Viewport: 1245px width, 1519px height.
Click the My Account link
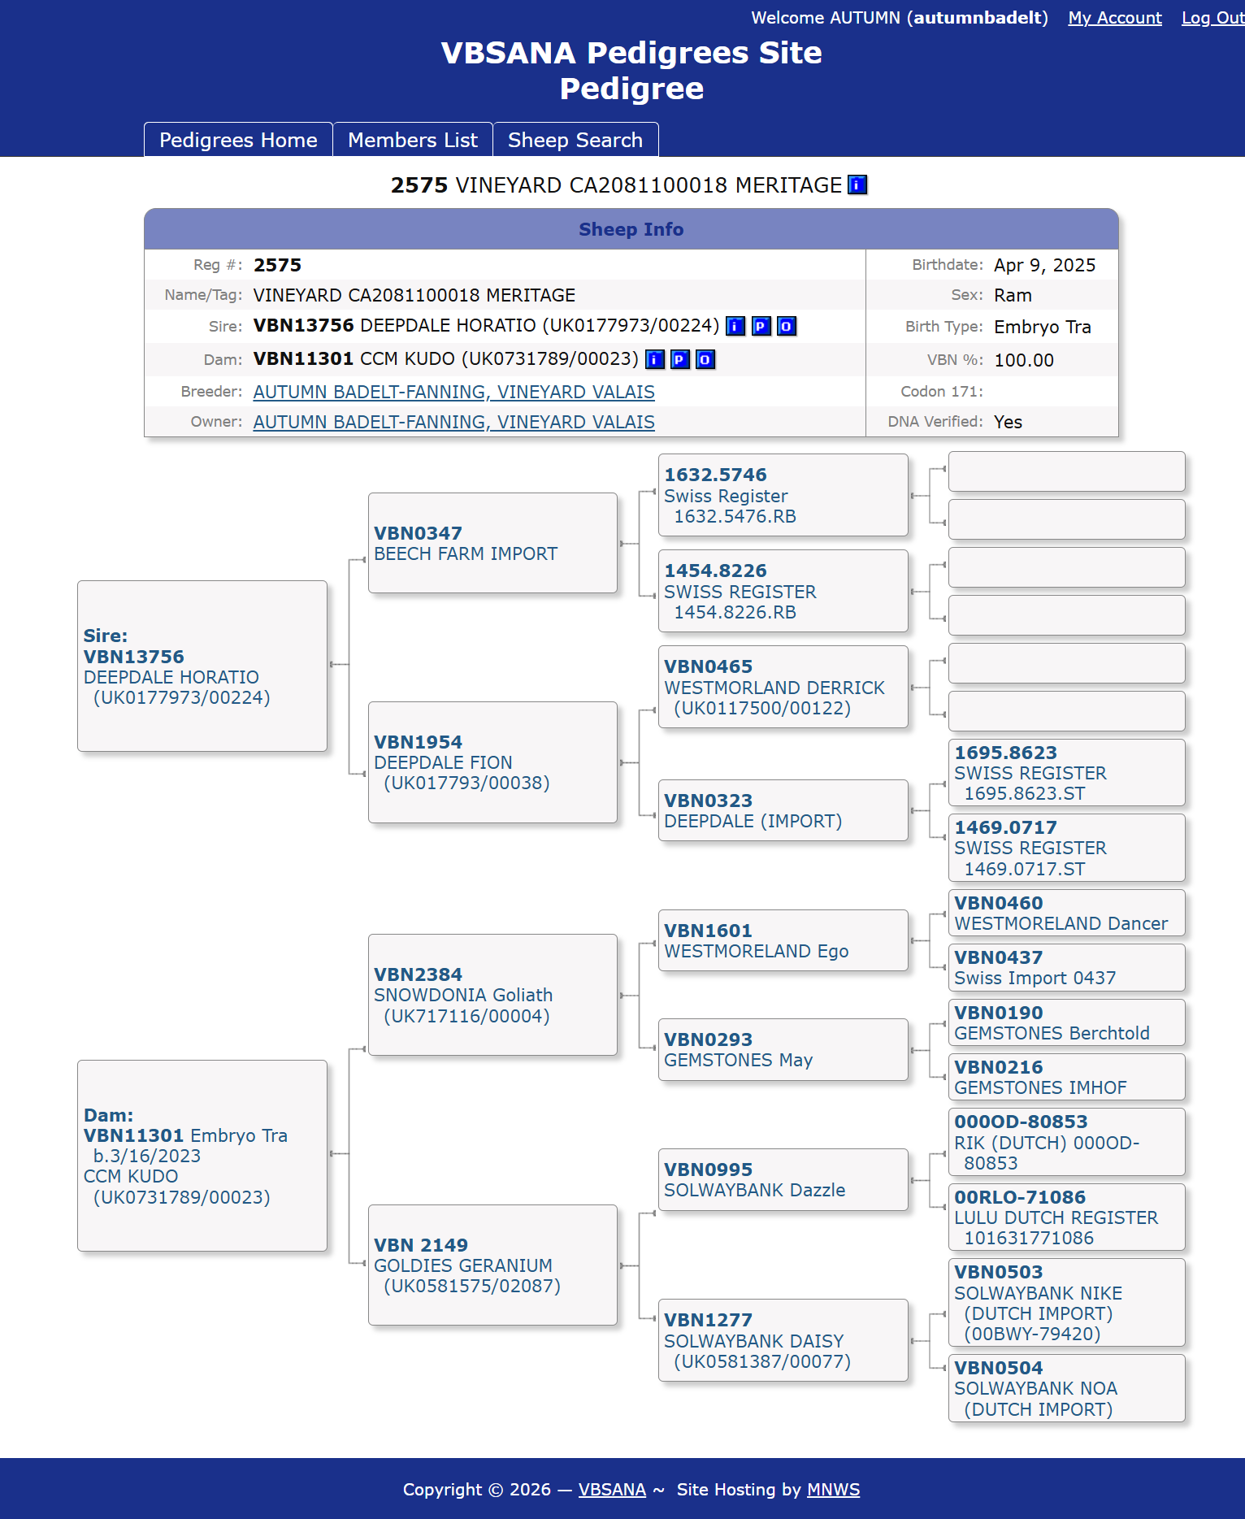(1114, 18)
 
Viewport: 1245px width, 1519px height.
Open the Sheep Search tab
(575, 140)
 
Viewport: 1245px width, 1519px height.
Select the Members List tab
(412, 140)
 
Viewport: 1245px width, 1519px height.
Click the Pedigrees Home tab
(238, 140)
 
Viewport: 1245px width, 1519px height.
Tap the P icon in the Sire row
(761, 326)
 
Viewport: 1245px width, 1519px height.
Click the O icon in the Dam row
(705, 359)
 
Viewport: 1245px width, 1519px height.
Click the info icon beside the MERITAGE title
(857, 185)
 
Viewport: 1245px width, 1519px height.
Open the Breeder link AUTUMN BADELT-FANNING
(453, 392)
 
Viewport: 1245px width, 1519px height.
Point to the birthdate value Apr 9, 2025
(1044, 265)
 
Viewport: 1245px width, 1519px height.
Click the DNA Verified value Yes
(1008, 422)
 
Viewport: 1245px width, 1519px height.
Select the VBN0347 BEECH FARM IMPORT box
(492, 543)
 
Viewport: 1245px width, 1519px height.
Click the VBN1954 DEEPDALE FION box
(492, 762)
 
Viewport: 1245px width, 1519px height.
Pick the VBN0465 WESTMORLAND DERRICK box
(783, 687)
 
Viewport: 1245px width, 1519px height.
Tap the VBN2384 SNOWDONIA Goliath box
(492, 995)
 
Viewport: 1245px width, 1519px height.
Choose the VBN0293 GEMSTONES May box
(783, 1049)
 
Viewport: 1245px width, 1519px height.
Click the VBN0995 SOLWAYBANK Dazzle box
(783, 1179)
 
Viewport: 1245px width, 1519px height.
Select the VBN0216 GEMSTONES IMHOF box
(1066, 1077)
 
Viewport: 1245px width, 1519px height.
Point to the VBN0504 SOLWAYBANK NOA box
(1066, 1388)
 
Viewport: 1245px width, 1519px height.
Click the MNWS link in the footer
(833, 1490)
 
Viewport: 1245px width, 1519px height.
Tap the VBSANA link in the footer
(612, 1490)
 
